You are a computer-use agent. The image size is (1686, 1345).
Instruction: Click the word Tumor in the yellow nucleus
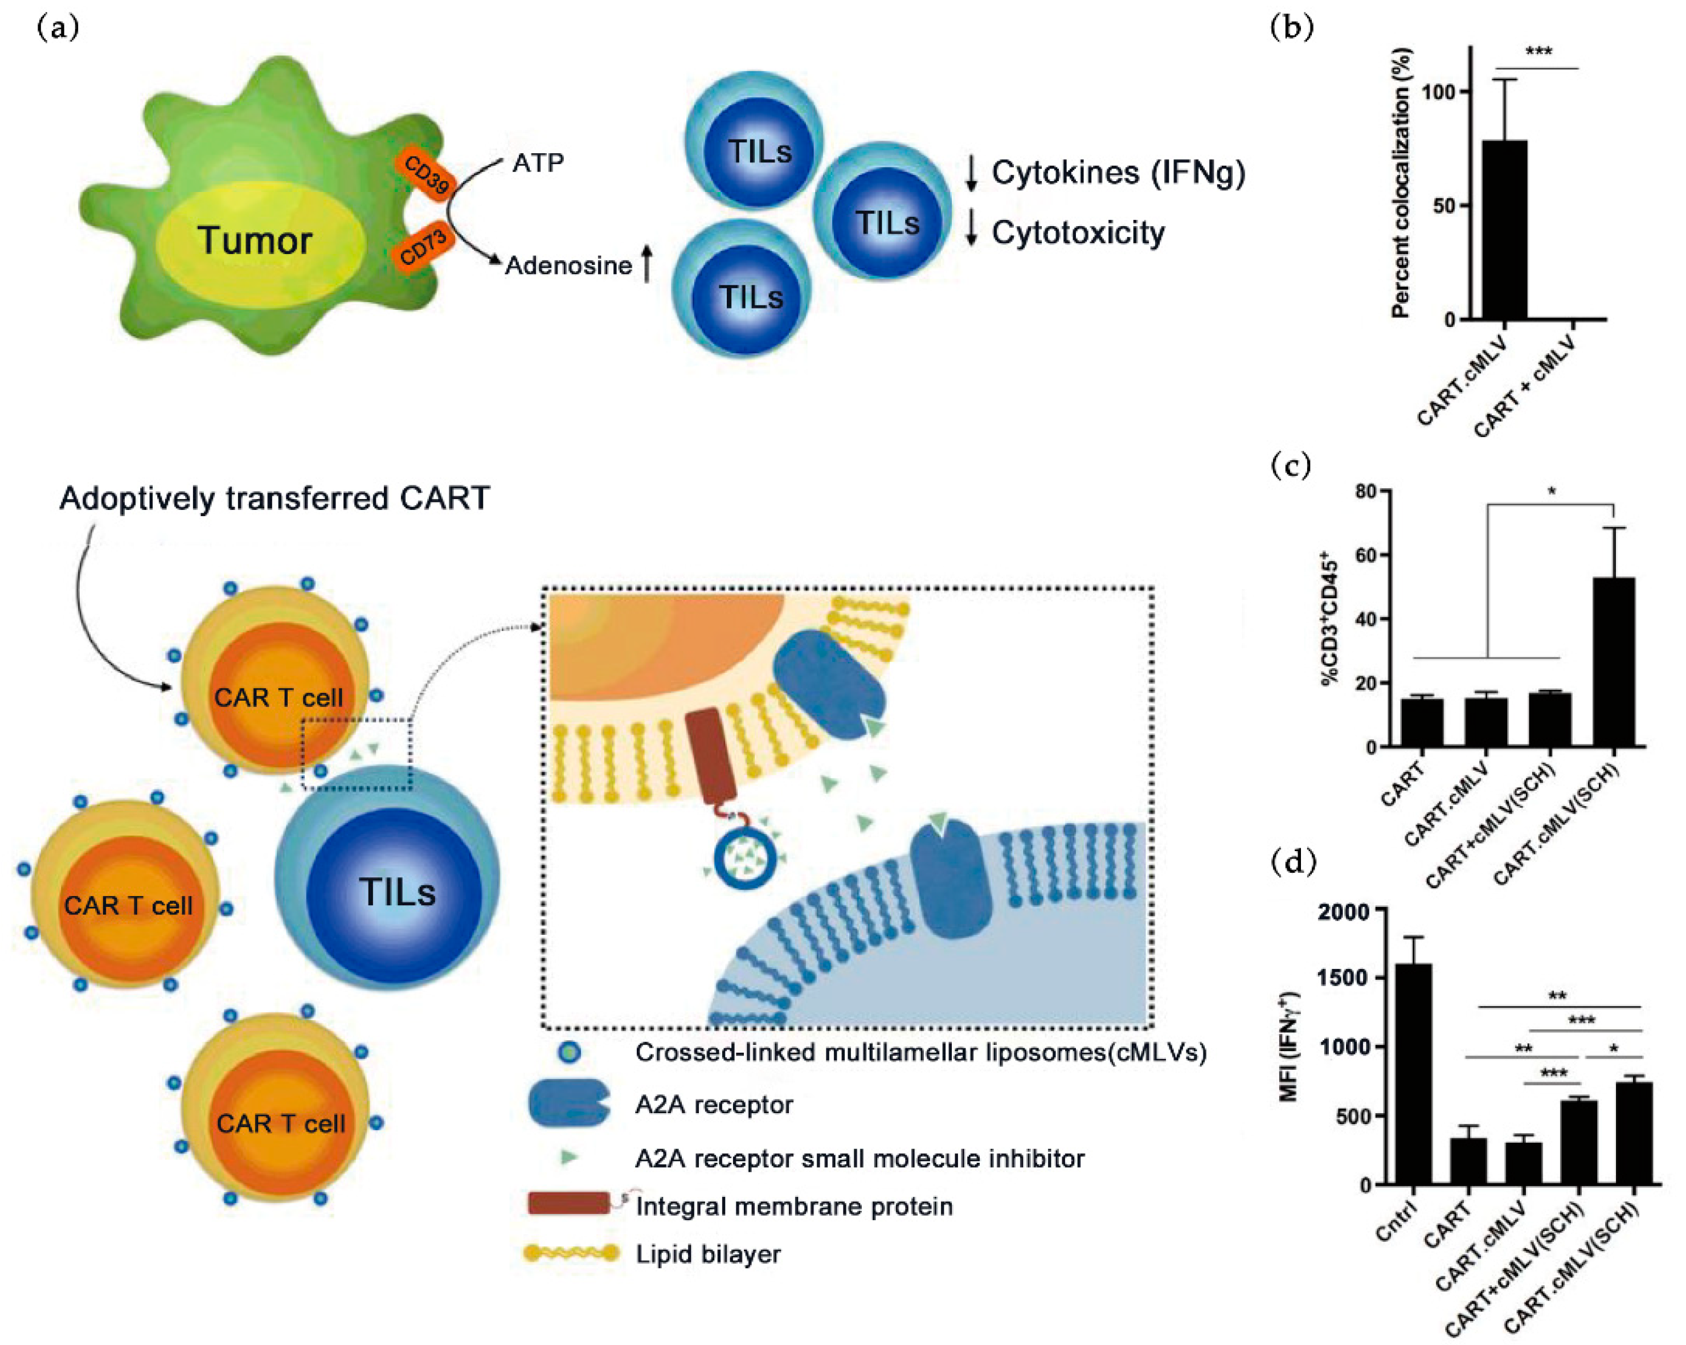[255, 240]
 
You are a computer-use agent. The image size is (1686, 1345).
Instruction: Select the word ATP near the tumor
[538, 163]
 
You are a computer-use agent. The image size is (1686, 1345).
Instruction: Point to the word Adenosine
[568, 266]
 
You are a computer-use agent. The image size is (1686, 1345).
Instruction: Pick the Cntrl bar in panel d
[1412, 1074]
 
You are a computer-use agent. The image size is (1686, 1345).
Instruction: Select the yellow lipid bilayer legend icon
[571, 1253]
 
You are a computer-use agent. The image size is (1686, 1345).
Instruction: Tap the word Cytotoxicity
[1078, 232]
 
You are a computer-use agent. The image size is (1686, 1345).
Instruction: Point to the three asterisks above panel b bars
[1538, 53]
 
